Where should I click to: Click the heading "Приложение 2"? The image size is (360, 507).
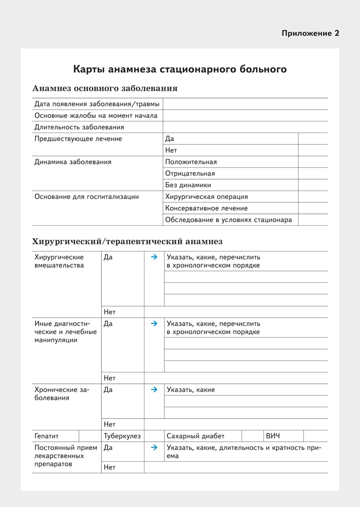310,33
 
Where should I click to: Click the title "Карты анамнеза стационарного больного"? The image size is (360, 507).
180,69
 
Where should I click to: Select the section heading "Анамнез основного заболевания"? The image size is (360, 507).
105,89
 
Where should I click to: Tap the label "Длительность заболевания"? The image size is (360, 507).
79,127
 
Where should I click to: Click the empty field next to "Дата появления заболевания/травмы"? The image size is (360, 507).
245,104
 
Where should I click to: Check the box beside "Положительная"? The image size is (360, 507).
313,162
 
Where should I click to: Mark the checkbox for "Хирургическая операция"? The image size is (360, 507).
313,196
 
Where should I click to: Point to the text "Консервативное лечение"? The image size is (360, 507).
206,208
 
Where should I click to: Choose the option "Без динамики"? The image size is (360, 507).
188,185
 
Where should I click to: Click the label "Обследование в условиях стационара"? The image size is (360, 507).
228,220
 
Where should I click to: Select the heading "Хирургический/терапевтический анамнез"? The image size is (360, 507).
127,241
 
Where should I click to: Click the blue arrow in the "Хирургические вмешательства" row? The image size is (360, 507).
154,257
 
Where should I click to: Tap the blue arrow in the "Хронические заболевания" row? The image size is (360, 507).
154,390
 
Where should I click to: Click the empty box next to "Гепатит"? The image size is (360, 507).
90,436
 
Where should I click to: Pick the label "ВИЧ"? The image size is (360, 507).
273,436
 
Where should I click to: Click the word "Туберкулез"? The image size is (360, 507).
122,436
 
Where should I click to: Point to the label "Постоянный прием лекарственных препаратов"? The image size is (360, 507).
65,456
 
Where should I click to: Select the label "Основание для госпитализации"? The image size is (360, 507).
86,196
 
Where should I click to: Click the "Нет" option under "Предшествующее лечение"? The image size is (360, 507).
171,150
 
